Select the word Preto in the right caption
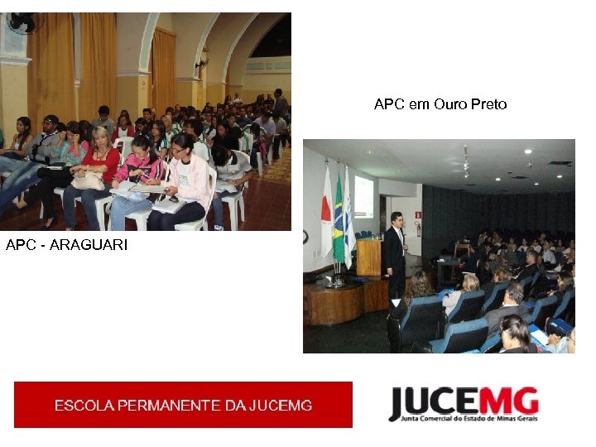pyautogui.click(x=488, y=104)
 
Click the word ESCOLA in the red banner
pyautogui.click(x=84, y=406)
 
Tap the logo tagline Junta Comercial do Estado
pyautogui.click(x=464, y=419)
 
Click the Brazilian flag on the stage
pyautogui.click(x=338, y=219)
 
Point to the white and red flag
pyautogui.click(x=326, y=219)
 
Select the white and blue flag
pyautogui.click(x=349, y=219)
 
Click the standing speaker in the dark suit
pyautogui.click(x=397, y=252)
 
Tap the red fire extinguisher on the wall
pyautogui.click(x=417, y=228)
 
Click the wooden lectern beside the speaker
pyautogui.click(x=369, y=257)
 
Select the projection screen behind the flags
pyautogui.click(x=363, y=197)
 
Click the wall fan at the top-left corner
pyautogui.click(x=20, y=22)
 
